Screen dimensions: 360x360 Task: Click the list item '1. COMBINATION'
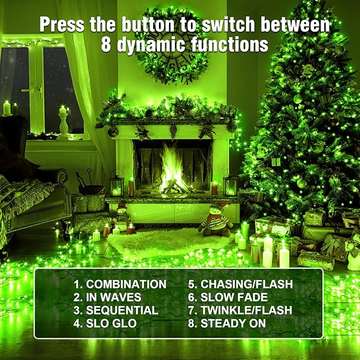119,284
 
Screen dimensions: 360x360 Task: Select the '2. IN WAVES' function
107,297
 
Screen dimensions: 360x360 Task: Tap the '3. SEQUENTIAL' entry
116,310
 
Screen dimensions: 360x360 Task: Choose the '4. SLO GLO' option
104,323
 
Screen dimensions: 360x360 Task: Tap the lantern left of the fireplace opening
117,185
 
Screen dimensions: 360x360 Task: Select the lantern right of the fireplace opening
231,184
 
